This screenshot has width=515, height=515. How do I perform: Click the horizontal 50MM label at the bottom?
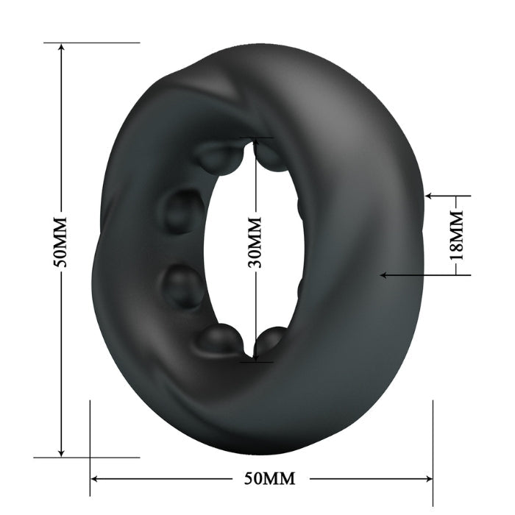(269, 479)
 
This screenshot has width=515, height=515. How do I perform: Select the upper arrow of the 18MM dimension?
(431, 197)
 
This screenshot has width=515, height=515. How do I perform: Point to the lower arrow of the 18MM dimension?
(384, 275)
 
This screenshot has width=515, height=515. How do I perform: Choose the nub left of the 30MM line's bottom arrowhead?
(220, 339)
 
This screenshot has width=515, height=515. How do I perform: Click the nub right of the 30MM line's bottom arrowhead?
(271, 340)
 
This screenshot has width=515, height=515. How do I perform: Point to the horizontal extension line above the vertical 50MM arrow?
(92, 43)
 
